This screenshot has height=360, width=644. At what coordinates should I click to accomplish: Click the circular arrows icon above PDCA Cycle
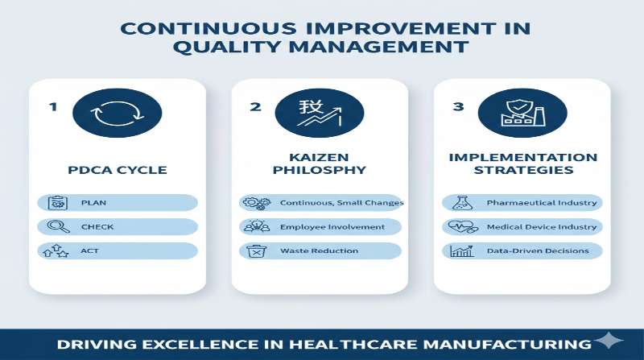coord(117,114)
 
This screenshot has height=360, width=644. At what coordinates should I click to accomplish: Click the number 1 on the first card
coord(53,106)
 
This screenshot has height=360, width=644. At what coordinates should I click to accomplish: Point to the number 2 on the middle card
coord(255,106)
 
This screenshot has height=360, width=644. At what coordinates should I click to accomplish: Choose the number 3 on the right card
coord(457,106)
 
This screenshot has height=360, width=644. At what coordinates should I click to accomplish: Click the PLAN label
coord(93,203)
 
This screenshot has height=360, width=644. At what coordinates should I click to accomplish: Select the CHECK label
coord(97,227)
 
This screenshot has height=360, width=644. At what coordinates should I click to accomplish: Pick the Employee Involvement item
coord(332,227)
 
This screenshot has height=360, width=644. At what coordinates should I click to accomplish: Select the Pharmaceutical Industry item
coord(542,203)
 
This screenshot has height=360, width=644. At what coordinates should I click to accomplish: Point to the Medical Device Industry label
coord(542,227)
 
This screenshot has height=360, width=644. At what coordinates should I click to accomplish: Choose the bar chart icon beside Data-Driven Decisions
coord(461,251)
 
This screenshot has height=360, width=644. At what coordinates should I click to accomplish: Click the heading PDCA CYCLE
coord(118,170)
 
